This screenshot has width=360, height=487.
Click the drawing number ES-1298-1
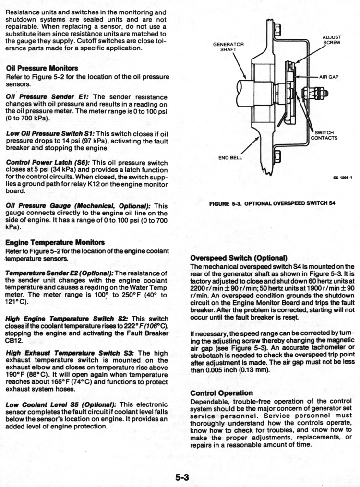(x=342, y=178)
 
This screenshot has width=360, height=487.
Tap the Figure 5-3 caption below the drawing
(x=272, y=203)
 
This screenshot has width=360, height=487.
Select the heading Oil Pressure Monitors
(x=38, y=69)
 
